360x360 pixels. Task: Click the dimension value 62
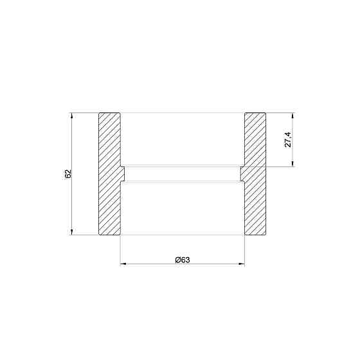click(67, 174)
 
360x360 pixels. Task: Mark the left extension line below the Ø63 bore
click(120, 251)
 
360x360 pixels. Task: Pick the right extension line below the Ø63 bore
click(245, 251)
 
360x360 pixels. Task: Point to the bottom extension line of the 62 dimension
click(84, 235)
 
